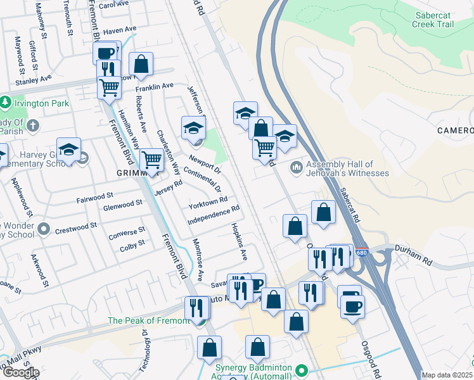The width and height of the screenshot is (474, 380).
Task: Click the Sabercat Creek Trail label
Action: (434, 20)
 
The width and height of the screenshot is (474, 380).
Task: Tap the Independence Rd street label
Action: (214, 215)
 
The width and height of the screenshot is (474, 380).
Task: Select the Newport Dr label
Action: (205, 162)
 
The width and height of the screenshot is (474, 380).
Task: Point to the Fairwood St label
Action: (94, 198)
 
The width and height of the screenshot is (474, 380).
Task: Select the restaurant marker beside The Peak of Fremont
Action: (198, 308)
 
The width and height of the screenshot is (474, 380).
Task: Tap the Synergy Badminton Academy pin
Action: (301, 370)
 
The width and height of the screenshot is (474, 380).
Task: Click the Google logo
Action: (20, 372)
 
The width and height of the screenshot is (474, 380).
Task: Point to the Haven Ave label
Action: (120, 30)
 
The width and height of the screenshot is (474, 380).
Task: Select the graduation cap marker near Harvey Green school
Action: (68, 149)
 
